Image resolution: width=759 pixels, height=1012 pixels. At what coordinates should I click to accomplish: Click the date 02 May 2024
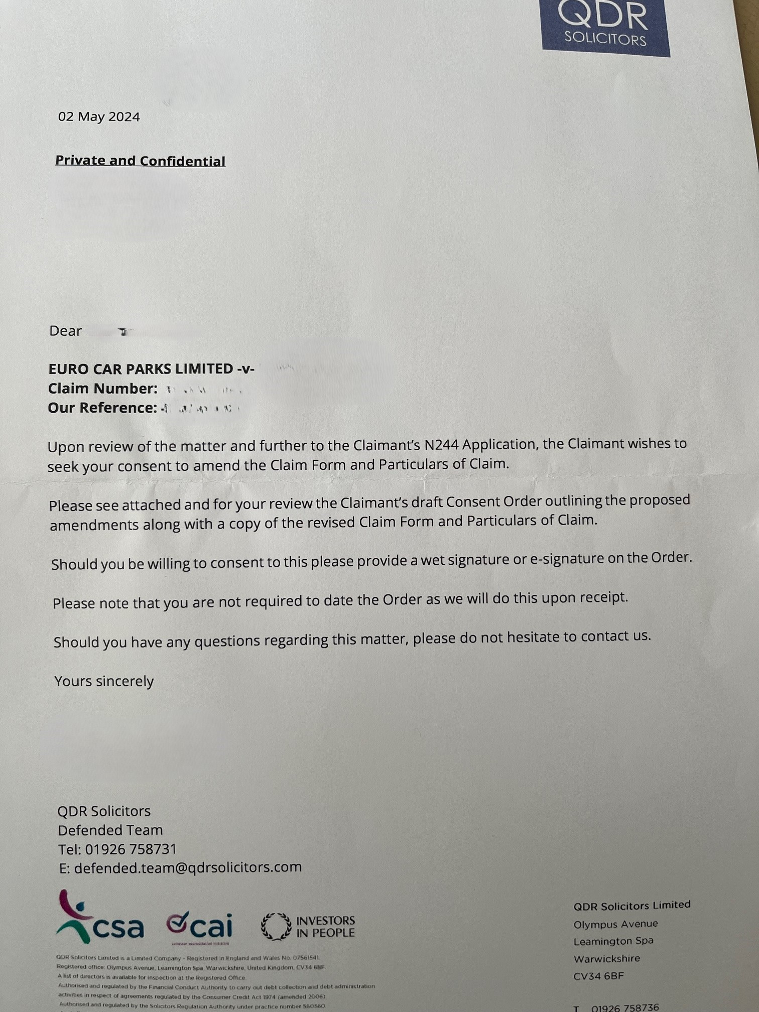click(x=99, y=117)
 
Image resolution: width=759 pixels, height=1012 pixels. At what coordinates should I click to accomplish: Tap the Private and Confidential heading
click(x=140, y=161)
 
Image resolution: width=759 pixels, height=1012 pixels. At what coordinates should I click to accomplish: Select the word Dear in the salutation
click(x=65, y=331)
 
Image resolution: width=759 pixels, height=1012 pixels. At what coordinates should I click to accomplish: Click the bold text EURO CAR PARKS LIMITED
click(x=141, y=369)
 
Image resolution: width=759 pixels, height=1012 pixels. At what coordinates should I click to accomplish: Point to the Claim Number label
click(x=103, y=389)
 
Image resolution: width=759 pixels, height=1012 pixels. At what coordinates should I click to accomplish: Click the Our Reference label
click(x=102, y=408)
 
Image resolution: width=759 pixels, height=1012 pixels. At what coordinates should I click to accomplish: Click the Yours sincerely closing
click(x=104, y=681)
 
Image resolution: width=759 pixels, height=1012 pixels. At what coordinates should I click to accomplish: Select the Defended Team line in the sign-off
click(x=110, y=830)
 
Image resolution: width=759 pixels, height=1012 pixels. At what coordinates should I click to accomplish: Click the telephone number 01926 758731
click(x=131, y=849)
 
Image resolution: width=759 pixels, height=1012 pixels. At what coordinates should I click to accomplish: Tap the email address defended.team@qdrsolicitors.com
click(x=188, y=867)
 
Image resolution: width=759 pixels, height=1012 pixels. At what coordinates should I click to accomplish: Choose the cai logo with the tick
click(x=200, y=926)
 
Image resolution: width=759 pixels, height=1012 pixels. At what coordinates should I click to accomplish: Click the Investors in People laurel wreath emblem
click(x=276, y=927)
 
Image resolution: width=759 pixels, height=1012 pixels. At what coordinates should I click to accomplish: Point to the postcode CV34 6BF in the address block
click(x=598, y=976)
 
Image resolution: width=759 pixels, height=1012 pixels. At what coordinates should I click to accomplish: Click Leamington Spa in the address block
click(x=613, y=941)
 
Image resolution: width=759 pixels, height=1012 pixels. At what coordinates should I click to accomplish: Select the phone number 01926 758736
click(x=625, y=1007)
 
